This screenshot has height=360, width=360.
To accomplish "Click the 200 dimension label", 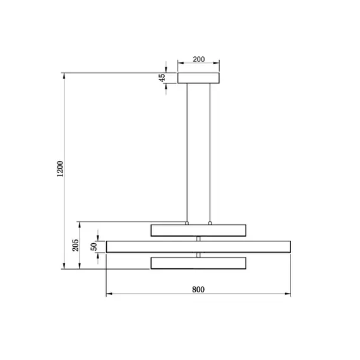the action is click(198, 59).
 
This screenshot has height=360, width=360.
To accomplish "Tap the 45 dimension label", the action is click(162, 78).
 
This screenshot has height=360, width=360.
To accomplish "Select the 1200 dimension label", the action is click(60, 169).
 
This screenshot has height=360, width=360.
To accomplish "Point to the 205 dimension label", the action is click(76, 245).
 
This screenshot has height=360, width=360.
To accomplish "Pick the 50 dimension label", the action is click(93, 247).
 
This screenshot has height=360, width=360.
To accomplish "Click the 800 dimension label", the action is click(198, 289).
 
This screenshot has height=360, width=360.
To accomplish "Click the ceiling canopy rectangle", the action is click(198, 78).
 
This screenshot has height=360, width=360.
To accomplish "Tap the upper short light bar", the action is click(198, 231).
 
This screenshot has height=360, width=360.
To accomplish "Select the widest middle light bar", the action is click(198, 247).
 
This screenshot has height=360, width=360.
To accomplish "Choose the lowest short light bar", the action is click(198, 263).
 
